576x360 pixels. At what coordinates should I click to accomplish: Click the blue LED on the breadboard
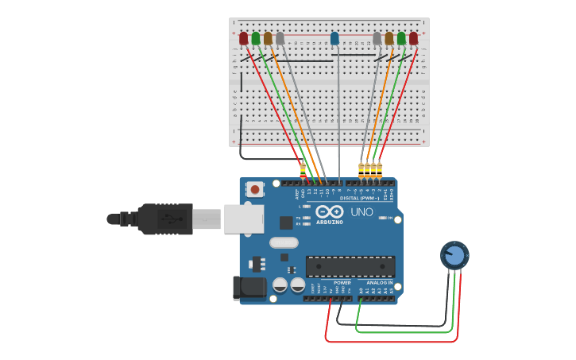(x=334, y=38)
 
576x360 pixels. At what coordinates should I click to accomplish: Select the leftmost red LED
(x=244, y=38)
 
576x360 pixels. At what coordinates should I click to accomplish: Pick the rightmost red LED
(x=413, y=38)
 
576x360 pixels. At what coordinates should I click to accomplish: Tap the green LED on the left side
(x=256, y=38)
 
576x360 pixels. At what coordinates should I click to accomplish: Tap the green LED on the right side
(x=401, y=38)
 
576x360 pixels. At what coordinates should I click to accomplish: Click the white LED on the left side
(x=280, y=38)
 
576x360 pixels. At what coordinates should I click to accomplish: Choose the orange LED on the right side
(x=389, y=38)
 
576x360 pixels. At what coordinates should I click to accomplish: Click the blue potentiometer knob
(x=454, y=255)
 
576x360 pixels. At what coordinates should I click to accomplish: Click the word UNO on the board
(x=361, y=211)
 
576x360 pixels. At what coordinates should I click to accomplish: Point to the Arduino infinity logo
(x=330, y=211)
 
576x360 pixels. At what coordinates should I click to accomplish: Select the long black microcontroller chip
(x=350, y=266)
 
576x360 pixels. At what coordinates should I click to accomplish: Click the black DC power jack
(x=248, y=288)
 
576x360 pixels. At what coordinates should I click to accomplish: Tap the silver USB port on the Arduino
(x=243, y=219)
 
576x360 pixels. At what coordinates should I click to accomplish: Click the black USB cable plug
(x=165, y=219)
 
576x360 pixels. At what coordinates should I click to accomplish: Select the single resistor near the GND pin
(x=302, y=170)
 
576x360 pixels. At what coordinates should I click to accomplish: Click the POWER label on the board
(x=342, y=283)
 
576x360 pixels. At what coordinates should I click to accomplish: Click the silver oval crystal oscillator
(x=284, y=242)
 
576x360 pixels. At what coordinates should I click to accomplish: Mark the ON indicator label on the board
(x=391, y=218)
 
